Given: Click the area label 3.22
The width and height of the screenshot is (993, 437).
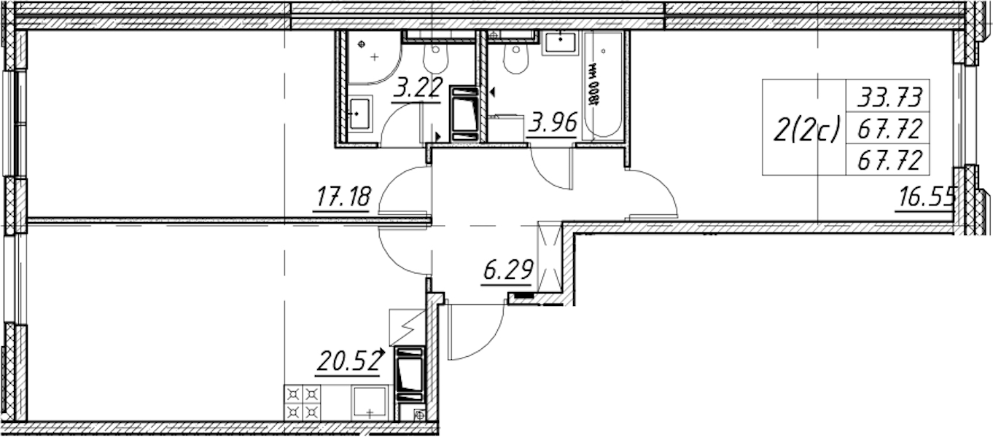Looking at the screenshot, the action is tap(417, 87).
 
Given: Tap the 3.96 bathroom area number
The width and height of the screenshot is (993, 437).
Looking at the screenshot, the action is tap(553, 122).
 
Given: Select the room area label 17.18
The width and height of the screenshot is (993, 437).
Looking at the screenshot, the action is tap(343, 197).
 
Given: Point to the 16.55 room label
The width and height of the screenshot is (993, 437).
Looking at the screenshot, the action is tap(925, 197).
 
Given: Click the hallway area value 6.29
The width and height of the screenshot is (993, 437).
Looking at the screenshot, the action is tap(507, 269).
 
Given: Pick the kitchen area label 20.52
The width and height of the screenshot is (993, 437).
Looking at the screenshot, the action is tap(349, 361).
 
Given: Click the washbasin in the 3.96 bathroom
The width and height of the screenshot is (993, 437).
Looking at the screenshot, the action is tap(561, 43).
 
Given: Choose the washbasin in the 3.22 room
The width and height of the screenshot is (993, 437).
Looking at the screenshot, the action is tap(359, 114).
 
